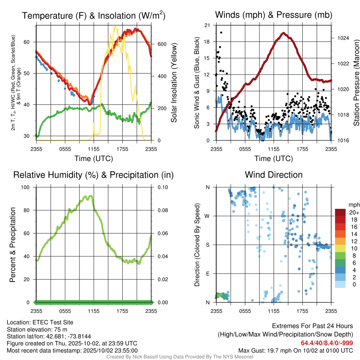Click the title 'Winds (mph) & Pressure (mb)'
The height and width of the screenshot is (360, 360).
click(274, 15)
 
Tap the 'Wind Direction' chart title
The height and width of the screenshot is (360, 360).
click(274, 175)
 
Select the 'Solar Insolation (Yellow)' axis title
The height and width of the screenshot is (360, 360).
click(174, 83)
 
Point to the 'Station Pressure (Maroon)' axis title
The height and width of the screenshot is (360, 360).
click(356, 83)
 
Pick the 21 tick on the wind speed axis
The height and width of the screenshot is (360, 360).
click(207, 25)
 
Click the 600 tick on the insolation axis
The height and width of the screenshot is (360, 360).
click(161, 44)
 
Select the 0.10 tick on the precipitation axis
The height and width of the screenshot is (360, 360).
click(162, 187)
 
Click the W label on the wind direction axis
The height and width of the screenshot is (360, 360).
click(208, 216)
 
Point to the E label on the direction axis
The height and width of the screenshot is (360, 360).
click(208, 274)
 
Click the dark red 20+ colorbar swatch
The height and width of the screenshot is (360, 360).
click(340, 212)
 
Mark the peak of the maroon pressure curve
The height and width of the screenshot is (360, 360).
click(283, 33)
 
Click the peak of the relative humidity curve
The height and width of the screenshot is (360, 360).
click(91, 196)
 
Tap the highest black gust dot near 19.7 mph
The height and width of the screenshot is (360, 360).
click(221, 32)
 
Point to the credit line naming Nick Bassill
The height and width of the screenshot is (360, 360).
click(180, 357)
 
